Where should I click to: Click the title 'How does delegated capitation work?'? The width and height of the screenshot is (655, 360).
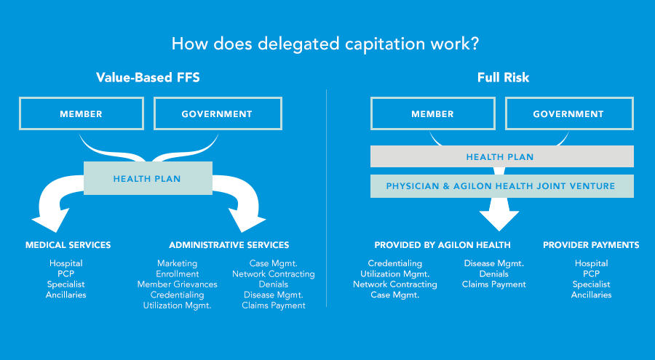(325, 43)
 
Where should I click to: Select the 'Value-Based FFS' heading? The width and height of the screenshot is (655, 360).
(148, 77)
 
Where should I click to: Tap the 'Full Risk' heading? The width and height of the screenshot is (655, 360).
(503, 77)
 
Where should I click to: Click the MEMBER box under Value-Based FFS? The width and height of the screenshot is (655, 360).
(81, 114)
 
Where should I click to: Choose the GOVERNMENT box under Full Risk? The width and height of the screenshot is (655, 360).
(568, 114)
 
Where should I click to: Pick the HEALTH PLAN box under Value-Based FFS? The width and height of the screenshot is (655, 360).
(147, 178)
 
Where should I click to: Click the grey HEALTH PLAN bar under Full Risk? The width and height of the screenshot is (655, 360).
(501, 156)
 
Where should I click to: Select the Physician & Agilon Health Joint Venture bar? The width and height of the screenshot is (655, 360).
(501, 186)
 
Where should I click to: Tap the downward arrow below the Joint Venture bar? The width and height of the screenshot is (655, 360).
(499, 215)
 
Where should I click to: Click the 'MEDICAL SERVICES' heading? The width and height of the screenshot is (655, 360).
(68, 245)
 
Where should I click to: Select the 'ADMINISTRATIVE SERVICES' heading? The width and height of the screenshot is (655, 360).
(229, 245)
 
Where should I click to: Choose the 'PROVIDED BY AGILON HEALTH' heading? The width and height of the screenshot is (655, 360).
(442, 245)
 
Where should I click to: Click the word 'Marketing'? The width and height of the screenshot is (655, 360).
(177, 263)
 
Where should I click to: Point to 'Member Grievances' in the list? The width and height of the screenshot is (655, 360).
(177, 284)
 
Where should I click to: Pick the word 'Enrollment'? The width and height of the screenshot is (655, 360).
(177, 274)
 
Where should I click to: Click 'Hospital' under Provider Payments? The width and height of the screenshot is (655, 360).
(591, 263)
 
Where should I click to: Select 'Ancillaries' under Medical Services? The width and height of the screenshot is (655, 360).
(66, 295)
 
